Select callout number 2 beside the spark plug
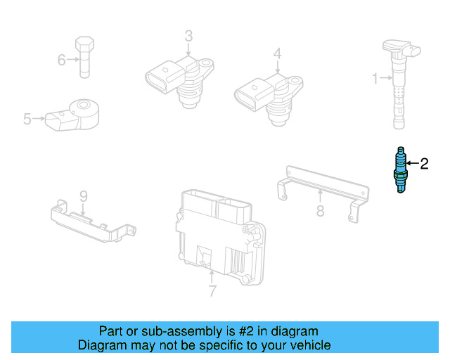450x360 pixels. [x=423, y=165]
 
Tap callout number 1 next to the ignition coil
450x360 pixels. [x=375, y=78]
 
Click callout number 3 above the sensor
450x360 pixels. [x=188, y=36]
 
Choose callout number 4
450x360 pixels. [x=277, y=53]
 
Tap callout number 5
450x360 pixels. [x=27, y=120]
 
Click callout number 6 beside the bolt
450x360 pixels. [x=61, y=60]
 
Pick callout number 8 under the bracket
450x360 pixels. [x=320, y=210]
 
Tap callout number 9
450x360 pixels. [x=82, y=195]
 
